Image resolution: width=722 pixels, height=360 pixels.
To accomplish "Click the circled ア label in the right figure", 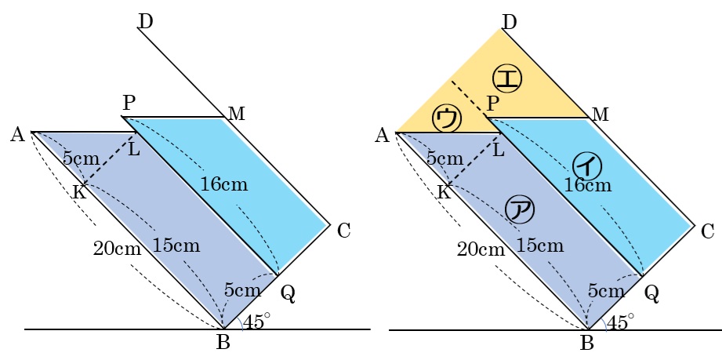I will [519, 209].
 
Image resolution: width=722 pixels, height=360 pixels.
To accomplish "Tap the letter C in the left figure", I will [343, 231].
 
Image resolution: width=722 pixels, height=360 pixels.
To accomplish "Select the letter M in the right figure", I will [600, 115].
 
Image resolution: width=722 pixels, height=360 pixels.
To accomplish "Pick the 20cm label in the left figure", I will [117, 250].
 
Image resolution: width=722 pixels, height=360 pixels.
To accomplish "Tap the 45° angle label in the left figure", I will [257, 321].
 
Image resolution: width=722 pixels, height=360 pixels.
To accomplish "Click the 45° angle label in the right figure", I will [621, 321].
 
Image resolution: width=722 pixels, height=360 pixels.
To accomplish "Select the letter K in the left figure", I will [78, 191].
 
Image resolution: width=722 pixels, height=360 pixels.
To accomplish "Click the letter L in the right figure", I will [498, 149].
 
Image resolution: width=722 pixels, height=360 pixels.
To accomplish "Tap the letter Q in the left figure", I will [288, 293].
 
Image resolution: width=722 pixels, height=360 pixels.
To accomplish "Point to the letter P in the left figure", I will [129, 103].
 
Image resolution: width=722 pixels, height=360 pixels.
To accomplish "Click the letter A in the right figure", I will [382, 136].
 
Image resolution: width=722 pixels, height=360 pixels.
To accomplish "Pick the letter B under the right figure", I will [587, 342].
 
